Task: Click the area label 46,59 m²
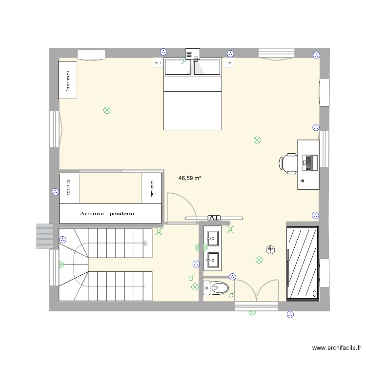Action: [190, 179]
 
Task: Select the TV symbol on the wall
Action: [213, 218]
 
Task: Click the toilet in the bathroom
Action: [216, 288]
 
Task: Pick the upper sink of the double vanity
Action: [213, 239]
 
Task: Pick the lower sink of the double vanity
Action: [213, 260]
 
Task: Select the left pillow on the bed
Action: [178, 67]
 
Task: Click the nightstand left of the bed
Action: [158, 62]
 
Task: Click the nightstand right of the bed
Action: [228, 62]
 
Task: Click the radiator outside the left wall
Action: [44, 236]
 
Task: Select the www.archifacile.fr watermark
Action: [337, 348]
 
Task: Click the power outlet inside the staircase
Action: [62, 240]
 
